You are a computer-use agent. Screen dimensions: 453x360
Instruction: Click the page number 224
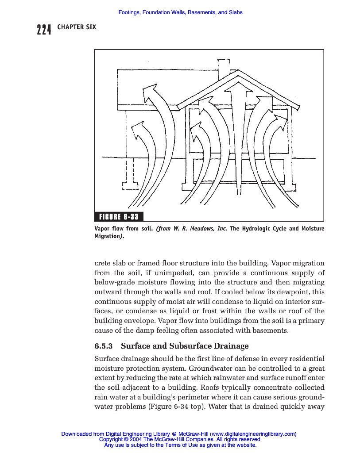pyautogui.click(x=44, y=29)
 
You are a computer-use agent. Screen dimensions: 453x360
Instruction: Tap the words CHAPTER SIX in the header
pyautogui.click(x=76, y=27)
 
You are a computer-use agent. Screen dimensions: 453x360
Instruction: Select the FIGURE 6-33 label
pyautogui.click(x=119, y=217)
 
